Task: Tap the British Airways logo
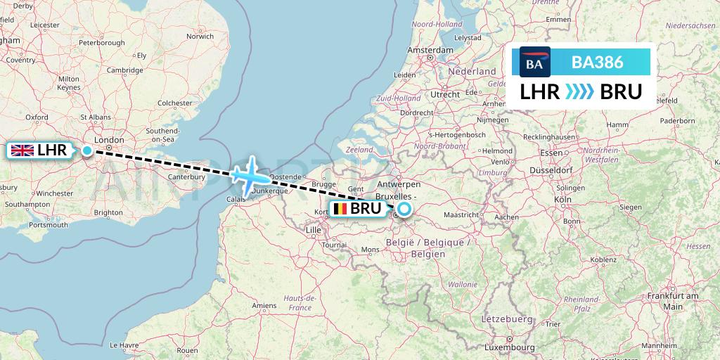pos(534,62)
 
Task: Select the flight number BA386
pos(597,62)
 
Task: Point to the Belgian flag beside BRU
pos(340,208)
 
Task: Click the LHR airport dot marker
pos(86,150)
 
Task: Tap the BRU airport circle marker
pos(404,208)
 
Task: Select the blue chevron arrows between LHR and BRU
pos(580,92)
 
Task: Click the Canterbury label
pos(186,176)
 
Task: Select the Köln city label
pos(562,199)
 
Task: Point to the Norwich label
pos(200,37)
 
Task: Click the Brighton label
pos(108,212)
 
